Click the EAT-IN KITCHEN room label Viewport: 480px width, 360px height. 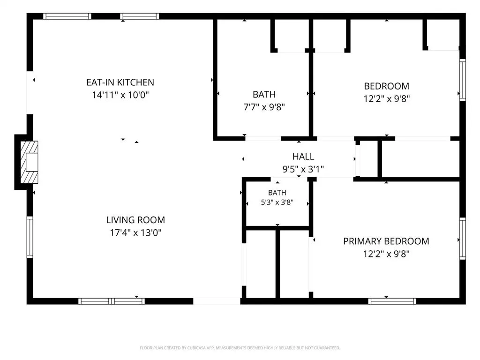point(120,82)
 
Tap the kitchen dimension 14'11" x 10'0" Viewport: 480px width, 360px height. point(120,95)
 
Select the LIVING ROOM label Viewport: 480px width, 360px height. point(135,220)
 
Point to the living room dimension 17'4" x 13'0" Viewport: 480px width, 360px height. point(135,232)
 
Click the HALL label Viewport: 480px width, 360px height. point(303,157)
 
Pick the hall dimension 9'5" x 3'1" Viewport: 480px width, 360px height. point(303,169)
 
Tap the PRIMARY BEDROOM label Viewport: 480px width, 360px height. point(386,241)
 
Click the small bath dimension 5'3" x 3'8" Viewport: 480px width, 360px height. point(277,202)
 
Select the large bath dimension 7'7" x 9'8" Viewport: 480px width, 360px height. point(264,107)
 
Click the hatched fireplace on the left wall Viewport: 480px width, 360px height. point(29,162)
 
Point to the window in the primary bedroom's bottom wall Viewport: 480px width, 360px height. point(392,301)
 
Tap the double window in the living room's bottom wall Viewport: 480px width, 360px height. point(112,301)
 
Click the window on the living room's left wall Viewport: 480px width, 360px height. point(30,237)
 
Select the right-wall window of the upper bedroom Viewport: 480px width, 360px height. point(463,80)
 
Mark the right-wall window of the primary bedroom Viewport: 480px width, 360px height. point(463,239)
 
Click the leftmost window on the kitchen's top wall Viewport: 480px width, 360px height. point(67,16)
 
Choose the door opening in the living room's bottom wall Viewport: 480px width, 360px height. point(217,301)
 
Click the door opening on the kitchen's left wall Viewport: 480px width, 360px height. point(30,92)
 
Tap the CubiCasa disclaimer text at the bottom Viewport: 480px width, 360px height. point(240,348)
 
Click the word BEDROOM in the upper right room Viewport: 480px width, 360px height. point(386,86)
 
